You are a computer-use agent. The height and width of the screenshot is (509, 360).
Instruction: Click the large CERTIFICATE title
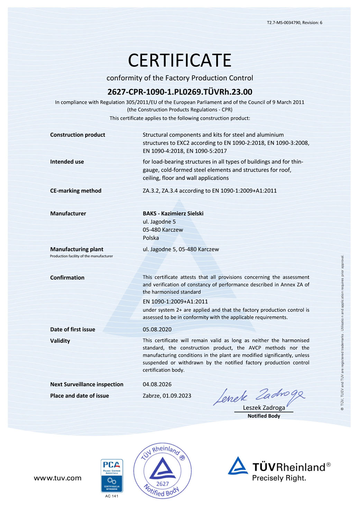[179, 60]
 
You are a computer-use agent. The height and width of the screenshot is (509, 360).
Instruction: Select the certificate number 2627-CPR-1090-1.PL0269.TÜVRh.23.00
[180, 92]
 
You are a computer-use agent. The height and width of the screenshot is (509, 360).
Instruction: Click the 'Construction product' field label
[77, 135]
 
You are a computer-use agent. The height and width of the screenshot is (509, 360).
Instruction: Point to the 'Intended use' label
[67, 162]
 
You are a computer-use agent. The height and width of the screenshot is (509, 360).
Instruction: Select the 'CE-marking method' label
[75, 191]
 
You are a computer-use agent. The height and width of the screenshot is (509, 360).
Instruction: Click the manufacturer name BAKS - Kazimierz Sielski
[173, 214]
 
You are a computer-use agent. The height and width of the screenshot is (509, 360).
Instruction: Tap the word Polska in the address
[151, 238]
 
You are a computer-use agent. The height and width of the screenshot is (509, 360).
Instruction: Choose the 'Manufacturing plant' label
[76, 249]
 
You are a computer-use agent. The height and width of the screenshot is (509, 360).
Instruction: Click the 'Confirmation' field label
[67, 277]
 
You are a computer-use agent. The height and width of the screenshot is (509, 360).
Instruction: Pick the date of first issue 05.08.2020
[157, 329]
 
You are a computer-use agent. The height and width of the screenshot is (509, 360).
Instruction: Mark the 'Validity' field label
[60, 341]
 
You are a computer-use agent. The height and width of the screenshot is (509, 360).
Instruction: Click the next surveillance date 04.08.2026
[157, 384]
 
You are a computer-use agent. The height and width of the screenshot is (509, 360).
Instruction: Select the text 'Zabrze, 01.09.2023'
[167, 396]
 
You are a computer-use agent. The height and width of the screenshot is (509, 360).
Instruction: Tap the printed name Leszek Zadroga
[264, 408]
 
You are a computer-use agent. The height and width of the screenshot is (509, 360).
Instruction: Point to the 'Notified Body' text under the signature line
[264, 416]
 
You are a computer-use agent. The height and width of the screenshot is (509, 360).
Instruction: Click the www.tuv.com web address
[57, 478]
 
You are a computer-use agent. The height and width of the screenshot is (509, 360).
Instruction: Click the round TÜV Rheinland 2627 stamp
[163, 470]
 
